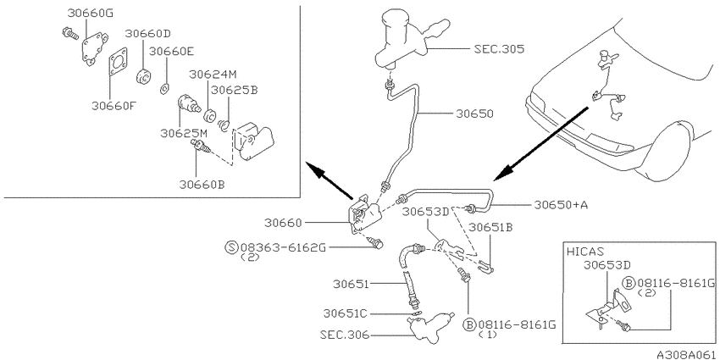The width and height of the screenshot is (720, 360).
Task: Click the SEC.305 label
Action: (x=499, y=49)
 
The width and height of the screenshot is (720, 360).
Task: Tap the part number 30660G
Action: (x=90, y=13)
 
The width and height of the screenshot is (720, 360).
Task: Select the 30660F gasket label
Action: (x=114, y=106)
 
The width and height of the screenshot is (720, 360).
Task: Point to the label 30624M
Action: (x=214, y=74)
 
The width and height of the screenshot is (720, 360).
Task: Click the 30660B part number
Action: (x=202, y=184)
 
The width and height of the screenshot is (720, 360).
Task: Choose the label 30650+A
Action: (x=561, y=205)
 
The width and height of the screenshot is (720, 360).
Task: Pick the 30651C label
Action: (x=346, y=313)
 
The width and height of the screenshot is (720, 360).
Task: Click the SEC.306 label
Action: (x=345, y=335)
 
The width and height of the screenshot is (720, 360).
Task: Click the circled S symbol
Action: (x=232, y=248)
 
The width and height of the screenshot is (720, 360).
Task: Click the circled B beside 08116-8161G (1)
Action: (x=469, y=325)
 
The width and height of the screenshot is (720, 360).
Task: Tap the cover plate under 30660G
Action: (x=94, y=48)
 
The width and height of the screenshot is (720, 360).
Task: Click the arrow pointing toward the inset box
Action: (x=330, y=181)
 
